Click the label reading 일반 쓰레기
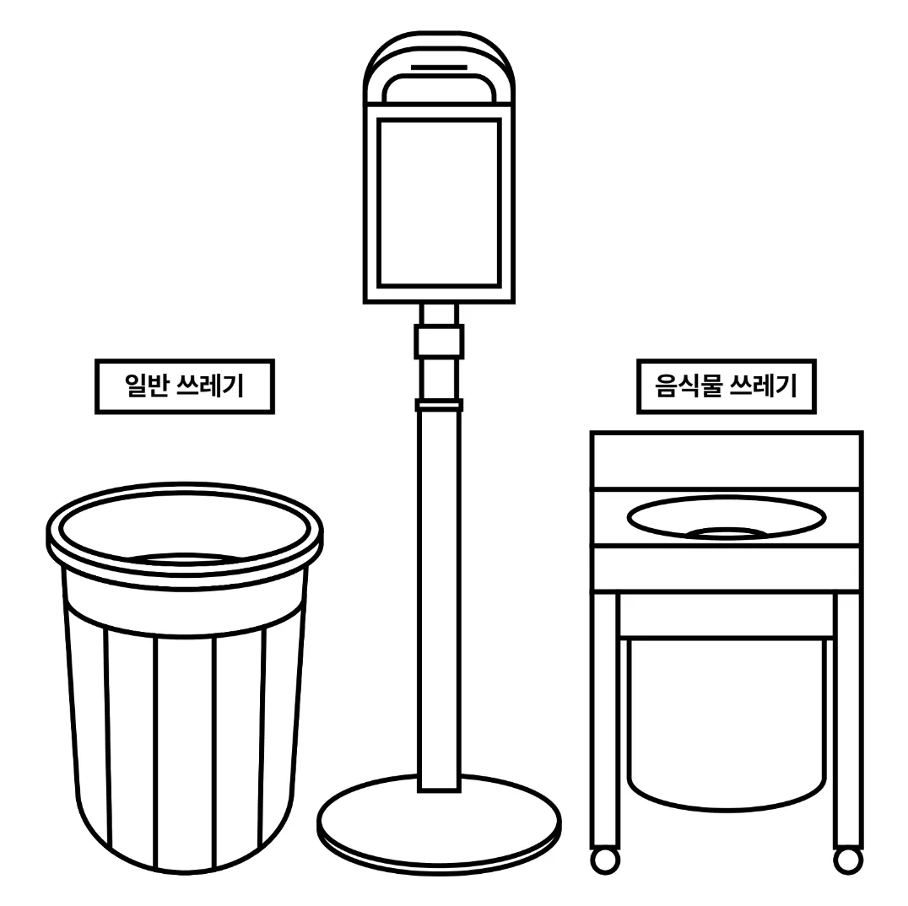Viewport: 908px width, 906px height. (184, 386)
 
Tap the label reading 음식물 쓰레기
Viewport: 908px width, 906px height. (727, 386)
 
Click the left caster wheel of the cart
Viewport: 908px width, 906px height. (605, 860)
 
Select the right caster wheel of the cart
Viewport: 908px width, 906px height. (848, 860)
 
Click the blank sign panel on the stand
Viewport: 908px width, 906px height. (439, 203)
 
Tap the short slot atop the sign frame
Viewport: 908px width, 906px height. (439, 67)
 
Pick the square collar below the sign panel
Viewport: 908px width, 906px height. (439, 341)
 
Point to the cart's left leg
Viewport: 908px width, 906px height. (604, 720)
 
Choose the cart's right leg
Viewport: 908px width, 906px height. (848, 720)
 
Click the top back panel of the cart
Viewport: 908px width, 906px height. (727, 461)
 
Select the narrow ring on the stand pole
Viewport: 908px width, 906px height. (439, 405)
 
